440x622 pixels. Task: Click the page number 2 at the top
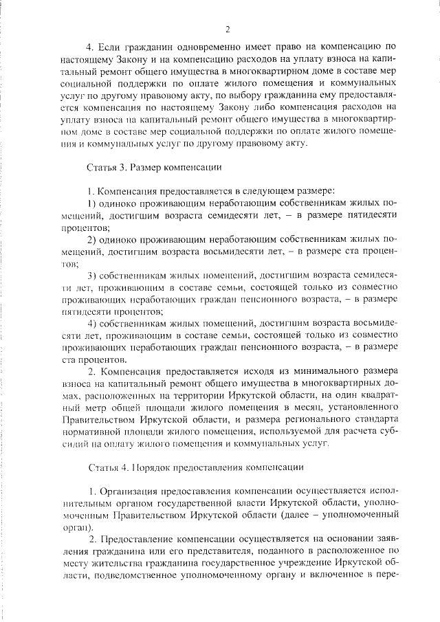(x=226, y=28)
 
